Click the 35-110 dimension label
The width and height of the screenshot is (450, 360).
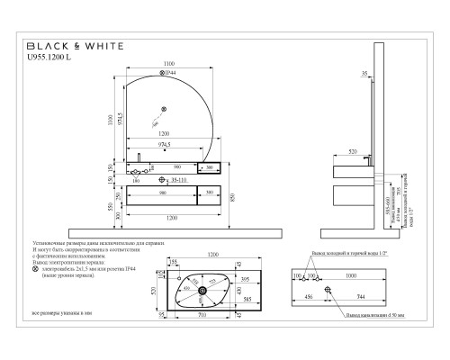pyautogui.click(x=180, y=181)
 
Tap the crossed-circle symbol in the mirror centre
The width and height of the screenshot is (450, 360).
pyautogui.click(x=164, y=110)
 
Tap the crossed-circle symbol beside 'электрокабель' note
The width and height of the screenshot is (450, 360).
pyautogui.click(x=35, y=268)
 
